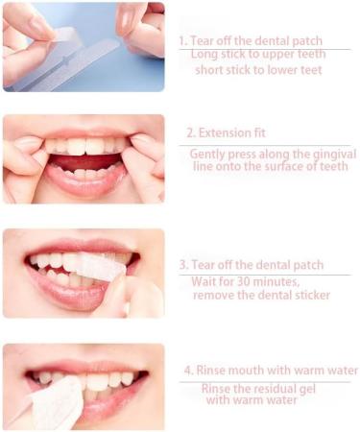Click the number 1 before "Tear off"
click(181, 41)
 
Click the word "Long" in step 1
click(205, 55)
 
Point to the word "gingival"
click(320, 153)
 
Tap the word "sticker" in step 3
click(309, 295)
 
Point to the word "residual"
click(276, 388)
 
